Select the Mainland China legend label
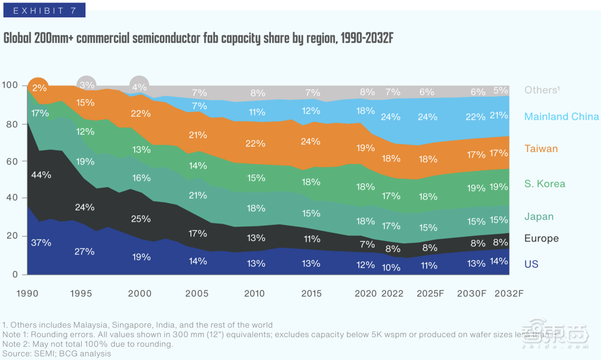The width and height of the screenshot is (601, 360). (x=561, y=117)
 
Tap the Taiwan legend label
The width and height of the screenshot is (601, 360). (x=541, y=148)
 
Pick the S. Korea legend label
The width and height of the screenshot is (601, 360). (x=545, y=183)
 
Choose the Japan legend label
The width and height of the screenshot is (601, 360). (x=538, y=216)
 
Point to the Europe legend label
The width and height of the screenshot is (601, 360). (x=541, y=239)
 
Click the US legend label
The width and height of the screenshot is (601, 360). (x=531, y=264)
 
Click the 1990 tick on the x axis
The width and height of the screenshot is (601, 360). (x=28, y=293)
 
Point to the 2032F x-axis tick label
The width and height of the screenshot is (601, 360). (x=508, y=293)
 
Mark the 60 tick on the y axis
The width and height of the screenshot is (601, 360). (x=11, y=161)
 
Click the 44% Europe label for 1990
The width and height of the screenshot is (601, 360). (x=41, y=175)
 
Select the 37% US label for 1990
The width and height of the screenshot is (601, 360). (x=41, y=243)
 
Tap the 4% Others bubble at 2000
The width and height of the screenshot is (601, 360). (x=139, y=87)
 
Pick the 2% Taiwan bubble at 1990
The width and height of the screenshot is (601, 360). (x=39, y=88)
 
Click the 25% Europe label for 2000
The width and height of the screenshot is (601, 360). (x=141, y=219)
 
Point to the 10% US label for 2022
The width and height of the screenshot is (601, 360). (x=391, y=267)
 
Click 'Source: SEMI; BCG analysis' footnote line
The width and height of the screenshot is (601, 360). (x=56, y=354)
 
